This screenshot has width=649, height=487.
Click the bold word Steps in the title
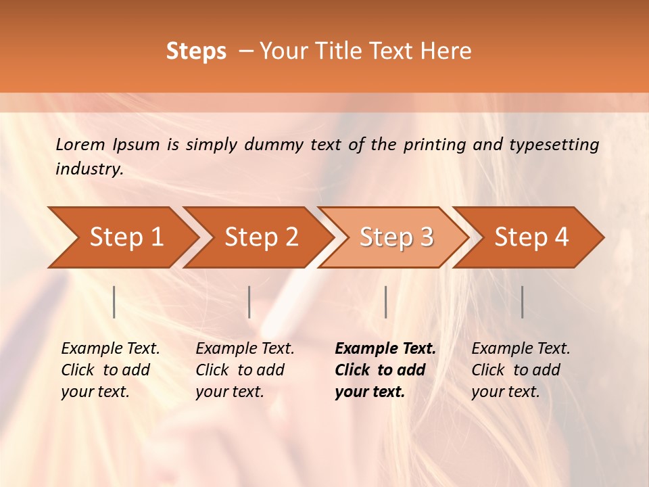196,51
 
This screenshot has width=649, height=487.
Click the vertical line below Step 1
114,302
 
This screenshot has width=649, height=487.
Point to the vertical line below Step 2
249,302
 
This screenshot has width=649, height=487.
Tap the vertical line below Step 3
386,302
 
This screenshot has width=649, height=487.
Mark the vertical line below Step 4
523,302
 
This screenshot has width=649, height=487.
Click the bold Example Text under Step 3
385,349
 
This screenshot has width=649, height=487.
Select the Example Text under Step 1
110,349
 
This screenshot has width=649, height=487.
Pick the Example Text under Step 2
245,349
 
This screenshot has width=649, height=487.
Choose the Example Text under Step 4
521,349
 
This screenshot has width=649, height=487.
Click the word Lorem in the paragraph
80,144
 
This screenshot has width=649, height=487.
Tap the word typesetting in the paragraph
554,144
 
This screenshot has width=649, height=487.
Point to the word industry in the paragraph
89,169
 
